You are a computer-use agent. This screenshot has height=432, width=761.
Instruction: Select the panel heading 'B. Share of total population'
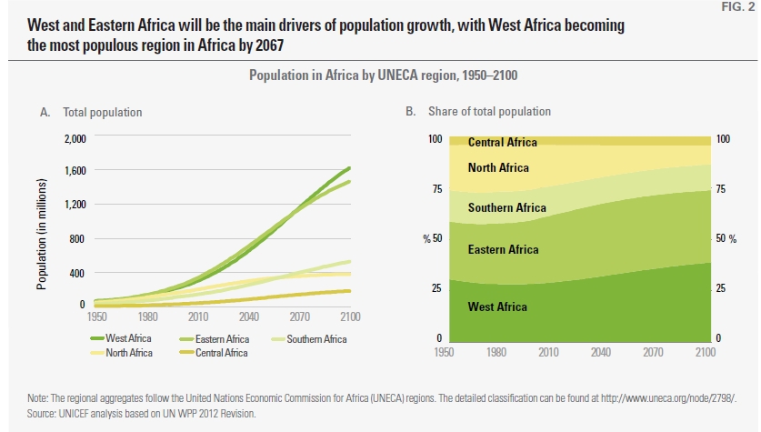(x=478, y=112)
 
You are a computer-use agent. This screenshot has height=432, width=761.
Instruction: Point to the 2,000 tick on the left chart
(x=74, y=139)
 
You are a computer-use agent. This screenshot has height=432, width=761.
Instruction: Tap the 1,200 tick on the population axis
(x=74, y=205)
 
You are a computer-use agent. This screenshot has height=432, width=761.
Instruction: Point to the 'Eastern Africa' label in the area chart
(x=503, y=250)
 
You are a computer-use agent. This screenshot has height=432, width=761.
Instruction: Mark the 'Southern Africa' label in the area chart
(x=506, y=208)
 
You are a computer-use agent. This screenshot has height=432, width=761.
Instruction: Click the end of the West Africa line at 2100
(x=349, y=168)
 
